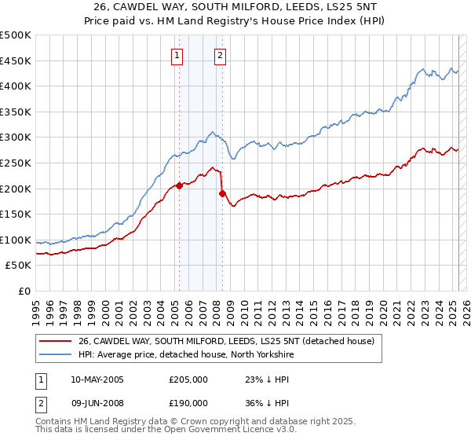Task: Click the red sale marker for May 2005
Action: [179, 186]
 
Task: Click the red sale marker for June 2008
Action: [222, 193]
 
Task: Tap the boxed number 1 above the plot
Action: [177, 55]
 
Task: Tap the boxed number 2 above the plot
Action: [221, 55]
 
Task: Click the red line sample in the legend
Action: [56, 341]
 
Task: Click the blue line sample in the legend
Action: [56, 355]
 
